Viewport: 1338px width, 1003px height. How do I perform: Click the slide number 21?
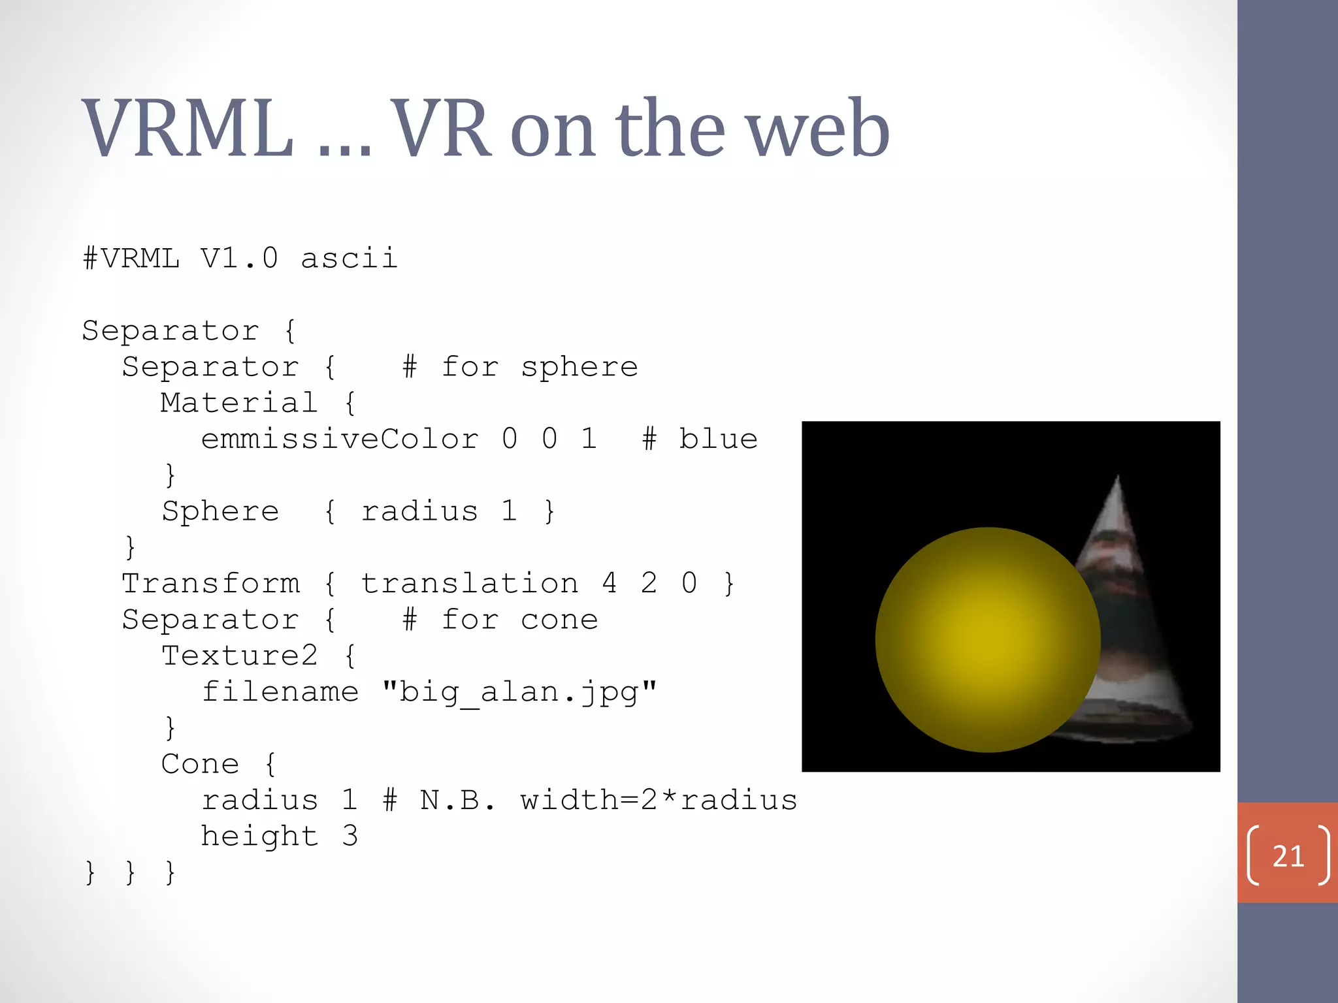point(1288,856)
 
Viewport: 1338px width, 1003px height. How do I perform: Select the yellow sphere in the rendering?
point(987,640)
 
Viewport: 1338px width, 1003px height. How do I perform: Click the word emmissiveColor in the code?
point(340,439)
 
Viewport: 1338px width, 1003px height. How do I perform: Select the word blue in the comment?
point(718,439)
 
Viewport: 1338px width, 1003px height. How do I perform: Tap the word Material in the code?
point(239,403)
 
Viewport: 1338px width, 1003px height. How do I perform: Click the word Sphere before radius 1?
point(221,511)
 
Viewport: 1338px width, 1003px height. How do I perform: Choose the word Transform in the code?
point(211,583)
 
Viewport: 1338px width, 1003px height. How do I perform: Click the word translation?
point(470,583)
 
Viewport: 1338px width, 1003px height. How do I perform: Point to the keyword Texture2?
point(239,656)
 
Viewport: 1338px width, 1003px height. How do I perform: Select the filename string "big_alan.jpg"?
point(519,692)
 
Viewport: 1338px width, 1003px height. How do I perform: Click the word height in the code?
point(259,836)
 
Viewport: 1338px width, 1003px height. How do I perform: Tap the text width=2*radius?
point(659,801)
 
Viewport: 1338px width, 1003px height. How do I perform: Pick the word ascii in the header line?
point(349,259)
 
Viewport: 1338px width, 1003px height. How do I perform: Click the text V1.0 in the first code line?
point(239,259)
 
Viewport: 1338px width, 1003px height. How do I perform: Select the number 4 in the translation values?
point(609,583)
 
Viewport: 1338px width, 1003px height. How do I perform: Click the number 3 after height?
point(350,836)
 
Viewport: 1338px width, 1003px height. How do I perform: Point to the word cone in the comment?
point(559,620)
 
